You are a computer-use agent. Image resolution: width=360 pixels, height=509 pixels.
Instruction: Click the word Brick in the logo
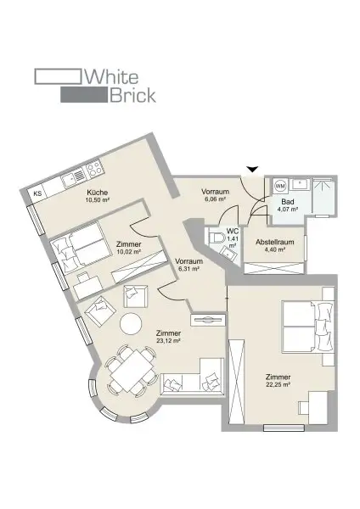point(132,95)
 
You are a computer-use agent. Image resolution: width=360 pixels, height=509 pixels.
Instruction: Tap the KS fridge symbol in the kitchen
point(37,194)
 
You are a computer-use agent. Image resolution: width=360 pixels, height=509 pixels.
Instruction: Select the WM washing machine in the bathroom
point(279,186)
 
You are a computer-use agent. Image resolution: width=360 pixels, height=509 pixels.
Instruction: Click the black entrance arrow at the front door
point(249,170)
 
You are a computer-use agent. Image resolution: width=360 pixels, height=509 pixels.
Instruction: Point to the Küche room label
point(98,193)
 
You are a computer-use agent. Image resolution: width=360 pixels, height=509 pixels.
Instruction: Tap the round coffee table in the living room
point(131,323)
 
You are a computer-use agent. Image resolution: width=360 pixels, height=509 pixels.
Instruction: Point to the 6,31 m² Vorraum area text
point(187,269)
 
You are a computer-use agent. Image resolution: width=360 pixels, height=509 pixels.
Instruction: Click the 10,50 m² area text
point(98,201)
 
